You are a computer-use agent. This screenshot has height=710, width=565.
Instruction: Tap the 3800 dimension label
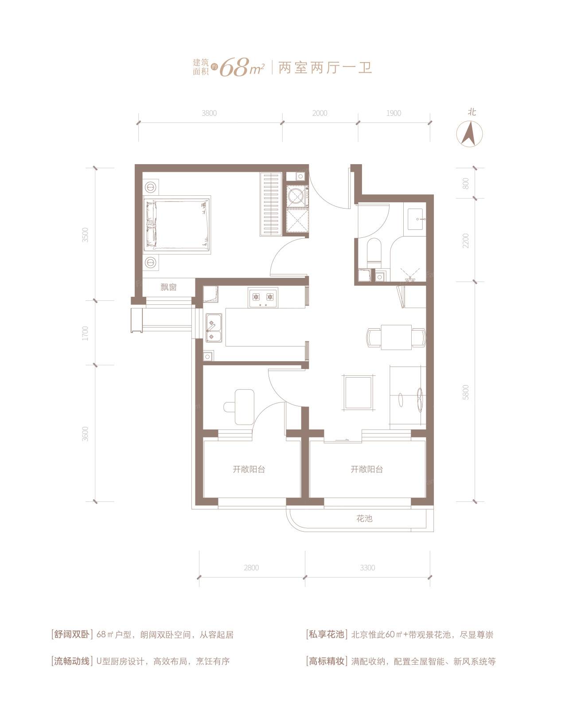pos(209,113)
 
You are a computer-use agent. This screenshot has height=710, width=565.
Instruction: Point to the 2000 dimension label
pos(320,113)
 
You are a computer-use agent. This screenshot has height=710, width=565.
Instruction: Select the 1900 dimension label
pos(394,113)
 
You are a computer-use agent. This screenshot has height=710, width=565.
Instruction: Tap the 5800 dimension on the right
pos(465,392)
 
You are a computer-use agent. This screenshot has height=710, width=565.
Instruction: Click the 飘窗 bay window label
pos(168,288)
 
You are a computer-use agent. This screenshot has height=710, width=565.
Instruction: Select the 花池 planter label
pos(364,518)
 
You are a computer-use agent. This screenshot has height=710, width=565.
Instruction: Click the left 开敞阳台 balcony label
pos(249,469)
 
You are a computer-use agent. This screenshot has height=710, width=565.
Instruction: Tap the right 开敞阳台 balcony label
pos(366,469)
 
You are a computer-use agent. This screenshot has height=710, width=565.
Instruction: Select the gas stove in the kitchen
pos(263,298)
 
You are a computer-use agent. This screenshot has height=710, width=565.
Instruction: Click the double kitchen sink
pos(214,327)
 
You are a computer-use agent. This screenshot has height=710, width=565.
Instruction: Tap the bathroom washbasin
pos(417,219)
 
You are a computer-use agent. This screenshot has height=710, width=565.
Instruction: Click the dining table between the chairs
pos(396,337)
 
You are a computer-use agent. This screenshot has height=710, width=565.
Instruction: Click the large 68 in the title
pos(234,68)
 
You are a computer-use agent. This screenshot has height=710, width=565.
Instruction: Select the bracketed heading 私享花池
pos(326,635)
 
